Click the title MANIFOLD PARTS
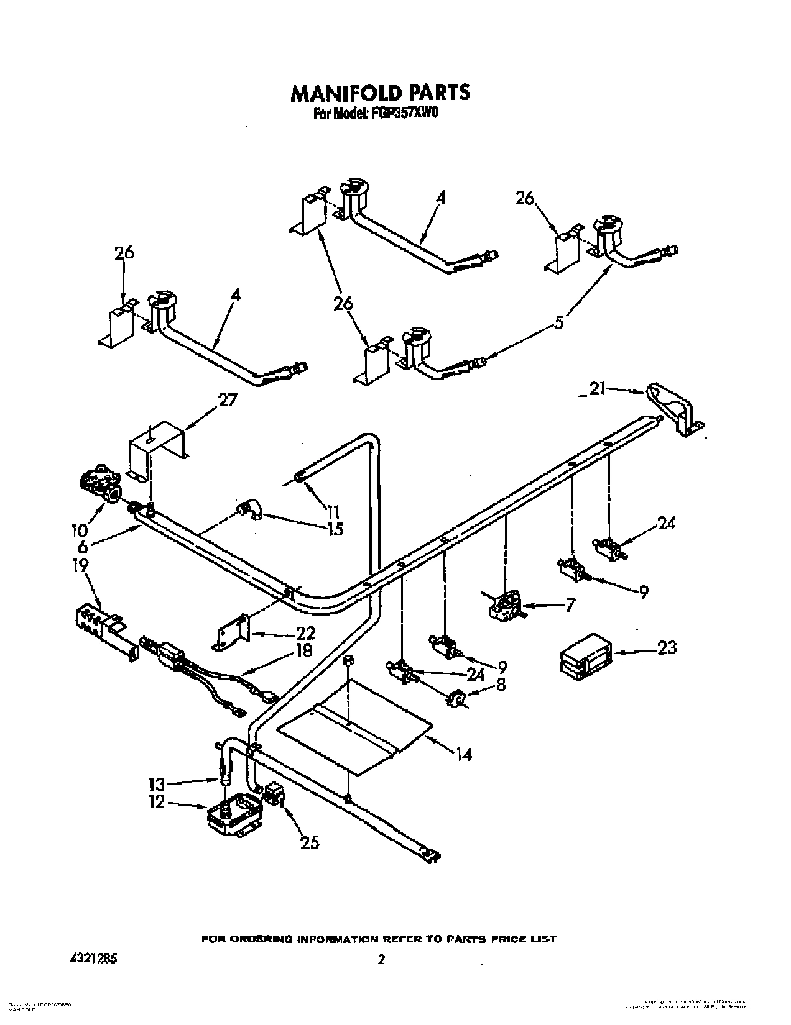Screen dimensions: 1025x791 tap(381, 93)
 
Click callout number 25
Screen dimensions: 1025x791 tap(309, 842)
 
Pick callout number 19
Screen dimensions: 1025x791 tap(80, 565)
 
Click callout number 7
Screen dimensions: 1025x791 tap(570, 604)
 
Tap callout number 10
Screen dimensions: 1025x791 tap(79, 529)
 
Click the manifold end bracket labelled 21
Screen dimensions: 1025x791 tap(674, 410)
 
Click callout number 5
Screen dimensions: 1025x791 tap(560, 322)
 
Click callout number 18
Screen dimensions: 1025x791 tap(305, 650)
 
